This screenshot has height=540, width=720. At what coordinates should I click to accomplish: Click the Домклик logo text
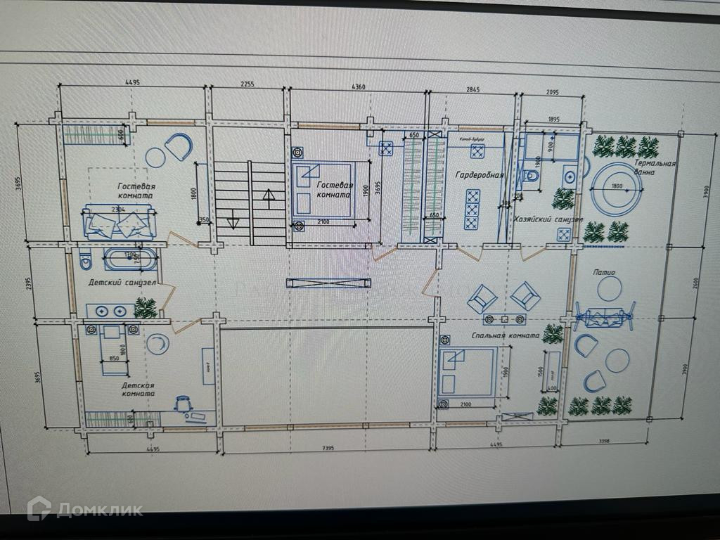click(x=99, y=509)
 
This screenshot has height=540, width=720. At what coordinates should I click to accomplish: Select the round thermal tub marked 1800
click(x=616, y=187)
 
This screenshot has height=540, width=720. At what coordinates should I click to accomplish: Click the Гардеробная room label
click(x=479, y=175)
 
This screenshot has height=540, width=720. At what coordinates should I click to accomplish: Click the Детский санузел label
click(x=122, y=283)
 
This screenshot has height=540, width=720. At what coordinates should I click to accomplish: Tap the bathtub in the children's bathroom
click(x=131, y=259)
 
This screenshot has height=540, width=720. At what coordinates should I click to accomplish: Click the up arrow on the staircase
click(x=268, y=195)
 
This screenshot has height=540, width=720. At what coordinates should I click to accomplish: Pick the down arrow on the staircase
click(x=233, y=224)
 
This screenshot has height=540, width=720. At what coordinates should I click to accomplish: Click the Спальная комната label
click(x=506, y=335)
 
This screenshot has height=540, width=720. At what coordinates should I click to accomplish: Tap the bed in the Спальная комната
click(x=467, y=373)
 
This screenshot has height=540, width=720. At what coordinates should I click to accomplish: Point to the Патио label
click(x=604, y=272)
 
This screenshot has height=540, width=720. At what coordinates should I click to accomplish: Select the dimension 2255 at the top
click(x=247, y=84)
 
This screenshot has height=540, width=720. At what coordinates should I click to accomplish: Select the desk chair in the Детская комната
click(x=184, y=403)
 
